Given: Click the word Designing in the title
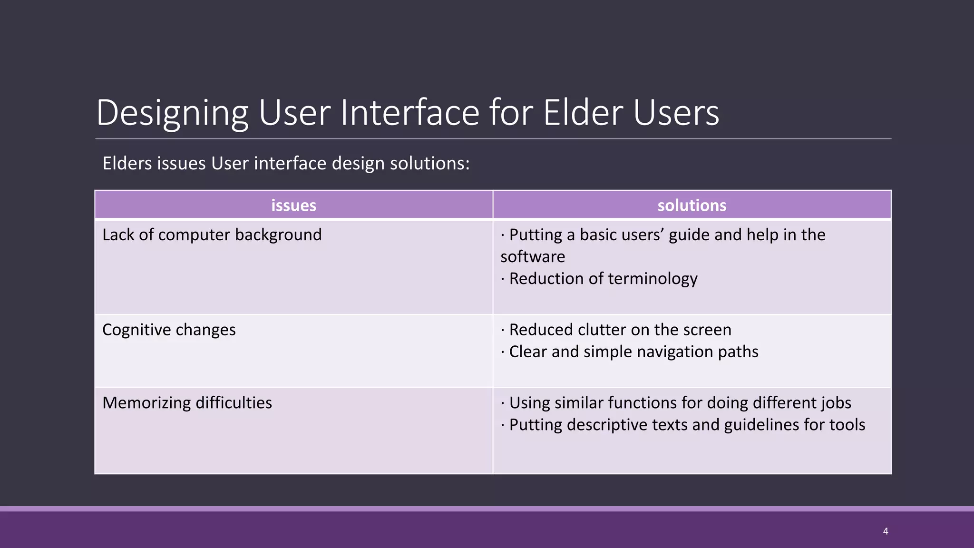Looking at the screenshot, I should click(172, 113).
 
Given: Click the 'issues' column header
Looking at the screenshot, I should click(293, 205).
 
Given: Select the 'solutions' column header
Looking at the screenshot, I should click(692, 205).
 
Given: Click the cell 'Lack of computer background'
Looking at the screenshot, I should click(212, 235).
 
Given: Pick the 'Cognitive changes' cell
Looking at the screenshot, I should click(169, 330).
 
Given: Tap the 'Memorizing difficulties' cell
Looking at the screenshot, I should click(187, 403).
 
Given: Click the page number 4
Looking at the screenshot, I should click(885, 531).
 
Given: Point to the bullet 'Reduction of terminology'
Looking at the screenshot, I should click(603, 279).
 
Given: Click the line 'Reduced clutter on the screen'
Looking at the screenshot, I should click(620, 330).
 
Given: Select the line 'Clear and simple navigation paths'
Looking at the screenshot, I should click(633, 352).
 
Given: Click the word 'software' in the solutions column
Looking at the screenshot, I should click(533, 257).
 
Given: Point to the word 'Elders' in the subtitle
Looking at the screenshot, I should click(127, 164).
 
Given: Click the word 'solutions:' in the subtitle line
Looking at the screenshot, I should click(429, 164).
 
